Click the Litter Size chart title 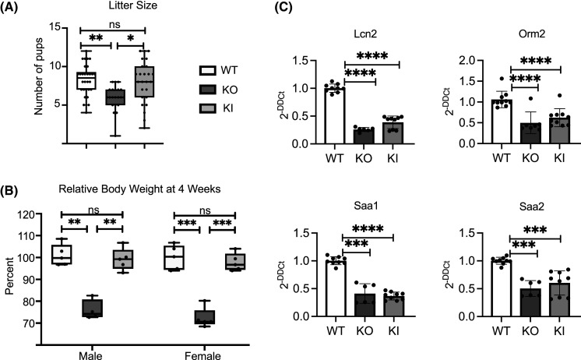point(133,5)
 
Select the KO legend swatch point(208,90)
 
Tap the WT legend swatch point(208,70)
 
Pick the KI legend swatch point(208,108)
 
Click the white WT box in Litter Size point(86,81)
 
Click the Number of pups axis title point(39,76)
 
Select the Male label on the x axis point(91,356)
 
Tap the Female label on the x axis point(203,356)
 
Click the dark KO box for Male point(93,308)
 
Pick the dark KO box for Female point(205,317)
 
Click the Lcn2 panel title point(365,34)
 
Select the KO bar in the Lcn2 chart point(364,136)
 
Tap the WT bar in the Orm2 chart point(502,122)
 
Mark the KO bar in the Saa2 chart point(530,302)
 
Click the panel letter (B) point(9,191)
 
